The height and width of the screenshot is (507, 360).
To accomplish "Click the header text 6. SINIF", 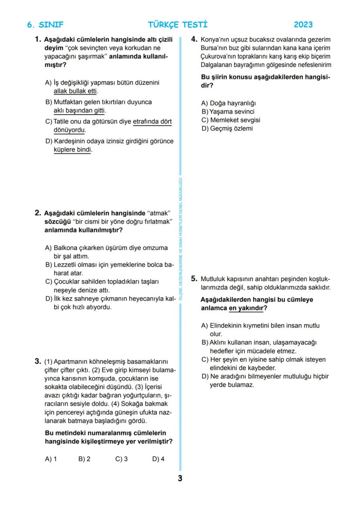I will pos(45,25).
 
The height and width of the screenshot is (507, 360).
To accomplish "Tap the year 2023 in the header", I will pos(303,25).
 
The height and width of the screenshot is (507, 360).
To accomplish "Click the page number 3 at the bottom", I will pos(180,479).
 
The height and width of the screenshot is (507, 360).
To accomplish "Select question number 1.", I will pos(38,39).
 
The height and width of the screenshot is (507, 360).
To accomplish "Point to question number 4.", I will pos(194,39).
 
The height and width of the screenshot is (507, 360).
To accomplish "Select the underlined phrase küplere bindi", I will pos(72,149).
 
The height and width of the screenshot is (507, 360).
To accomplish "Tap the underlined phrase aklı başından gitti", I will pos(79,111).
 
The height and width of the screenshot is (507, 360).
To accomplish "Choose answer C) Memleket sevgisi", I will pos(231,120).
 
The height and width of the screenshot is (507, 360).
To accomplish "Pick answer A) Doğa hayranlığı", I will pos(228,103).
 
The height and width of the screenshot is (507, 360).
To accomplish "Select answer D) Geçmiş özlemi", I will pos(227,129).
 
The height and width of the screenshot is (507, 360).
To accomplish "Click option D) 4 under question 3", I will pos(158,459).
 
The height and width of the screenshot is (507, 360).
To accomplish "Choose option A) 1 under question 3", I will pos(51,459).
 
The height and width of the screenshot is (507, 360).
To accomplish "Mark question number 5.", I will pos(194,279).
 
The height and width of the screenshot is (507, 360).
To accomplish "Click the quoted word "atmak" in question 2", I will pos(158,213).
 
